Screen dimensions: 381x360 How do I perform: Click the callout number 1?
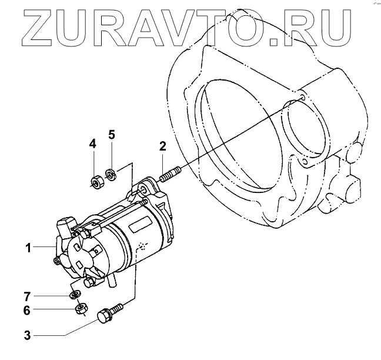click(28, 248)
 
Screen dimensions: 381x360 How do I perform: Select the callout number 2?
click(163, 146)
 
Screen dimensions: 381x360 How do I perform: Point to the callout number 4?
click(92, 144)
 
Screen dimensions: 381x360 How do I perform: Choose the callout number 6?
click(28, 310)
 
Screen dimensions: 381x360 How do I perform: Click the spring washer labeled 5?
click(109, 174)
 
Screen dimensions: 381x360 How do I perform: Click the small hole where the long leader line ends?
click(302, 96)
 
